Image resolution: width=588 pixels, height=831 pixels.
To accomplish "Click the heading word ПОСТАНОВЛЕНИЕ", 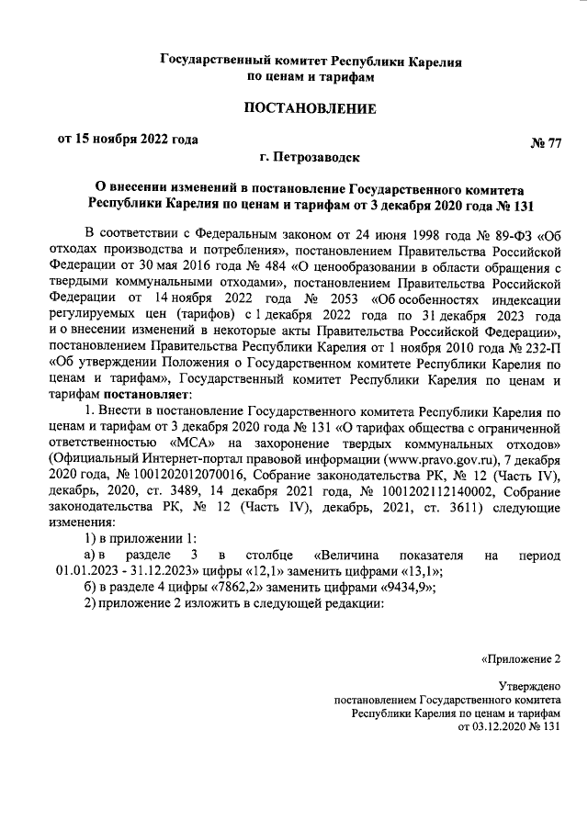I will [x=310, y=109].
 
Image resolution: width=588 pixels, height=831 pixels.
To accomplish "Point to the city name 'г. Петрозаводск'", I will [x=310, y=157].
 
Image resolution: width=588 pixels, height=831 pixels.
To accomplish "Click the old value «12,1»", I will [x=249, y=571].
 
